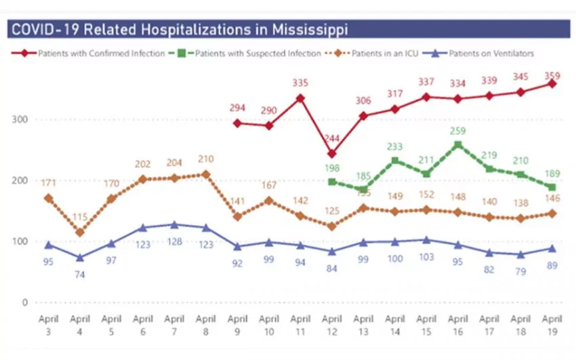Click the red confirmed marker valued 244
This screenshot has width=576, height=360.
tap(331, 154)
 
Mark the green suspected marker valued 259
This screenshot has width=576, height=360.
tap(458, 144)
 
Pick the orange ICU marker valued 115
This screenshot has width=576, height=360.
tap(81, 233)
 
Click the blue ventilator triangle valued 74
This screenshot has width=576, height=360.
tap(81, 257)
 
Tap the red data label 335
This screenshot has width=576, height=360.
tap(300, 83)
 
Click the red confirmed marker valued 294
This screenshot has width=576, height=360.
tap(237, 123)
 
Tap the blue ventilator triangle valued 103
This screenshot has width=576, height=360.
tap(426, 239)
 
